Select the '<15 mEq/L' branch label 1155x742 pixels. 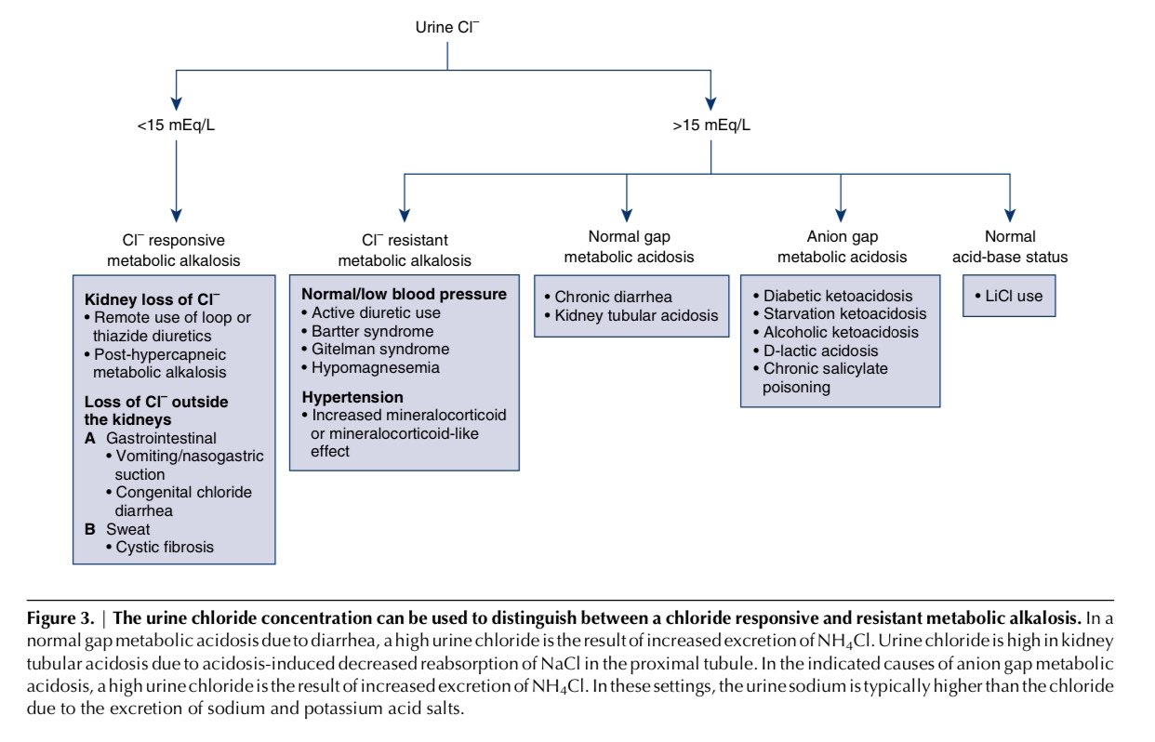[173, 124]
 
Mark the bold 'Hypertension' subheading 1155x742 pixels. [347, 396]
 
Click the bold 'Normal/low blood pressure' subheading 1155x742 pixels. [404, 294]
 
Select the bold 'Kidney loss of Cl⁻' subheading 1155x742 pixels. [153, 299]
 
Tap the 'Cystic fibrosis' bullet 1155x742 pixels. [165, 547]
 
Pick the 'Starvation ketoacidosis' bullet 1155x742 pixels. [844, 314]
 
